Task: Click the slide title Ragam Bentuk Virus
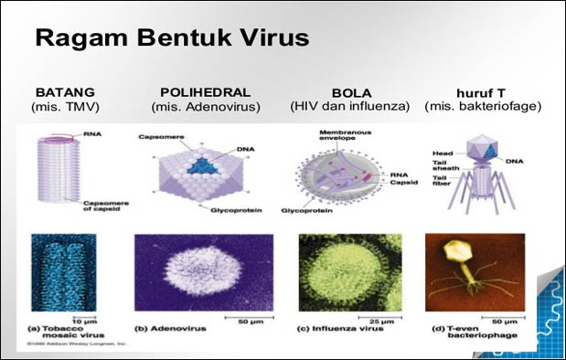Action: (x=171, y=39)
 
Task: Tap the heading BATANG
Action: (x=65, y=92)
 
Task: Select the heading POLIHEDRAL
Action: (x=206, y=92)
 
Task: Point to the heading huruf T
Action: (x=482, y=92)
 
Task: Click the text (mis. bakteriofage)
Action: (x=483, y=107)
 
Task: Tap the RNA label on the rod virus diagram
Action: (x=92, y=134)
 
